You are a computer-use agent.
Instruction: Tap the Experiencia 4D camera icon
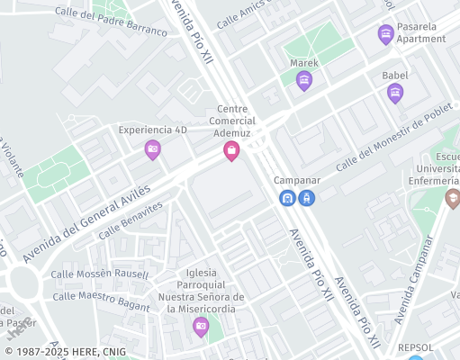coord(152,148)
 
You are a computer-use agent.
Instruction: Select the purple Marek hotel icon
coord(304,81)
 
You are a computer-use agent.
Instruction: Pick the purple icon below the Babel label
coord(394,93)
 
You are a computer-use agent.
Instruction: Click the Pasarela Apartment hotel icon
coord(385,34)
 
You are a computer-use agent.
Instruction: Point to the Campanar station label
coord(297,180)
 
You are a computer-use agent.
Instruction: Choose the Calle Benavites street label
coord(131,219)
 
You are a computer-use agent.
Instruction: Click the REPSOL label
coord(416,346)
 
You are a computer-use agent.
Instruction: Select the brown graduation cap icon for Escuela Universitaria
coord(452,198)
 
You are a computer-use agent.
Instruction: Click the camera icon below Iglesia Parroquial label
coord(201,325)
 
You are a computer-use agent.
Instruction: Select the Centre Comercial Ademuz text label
coord(232,121)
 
